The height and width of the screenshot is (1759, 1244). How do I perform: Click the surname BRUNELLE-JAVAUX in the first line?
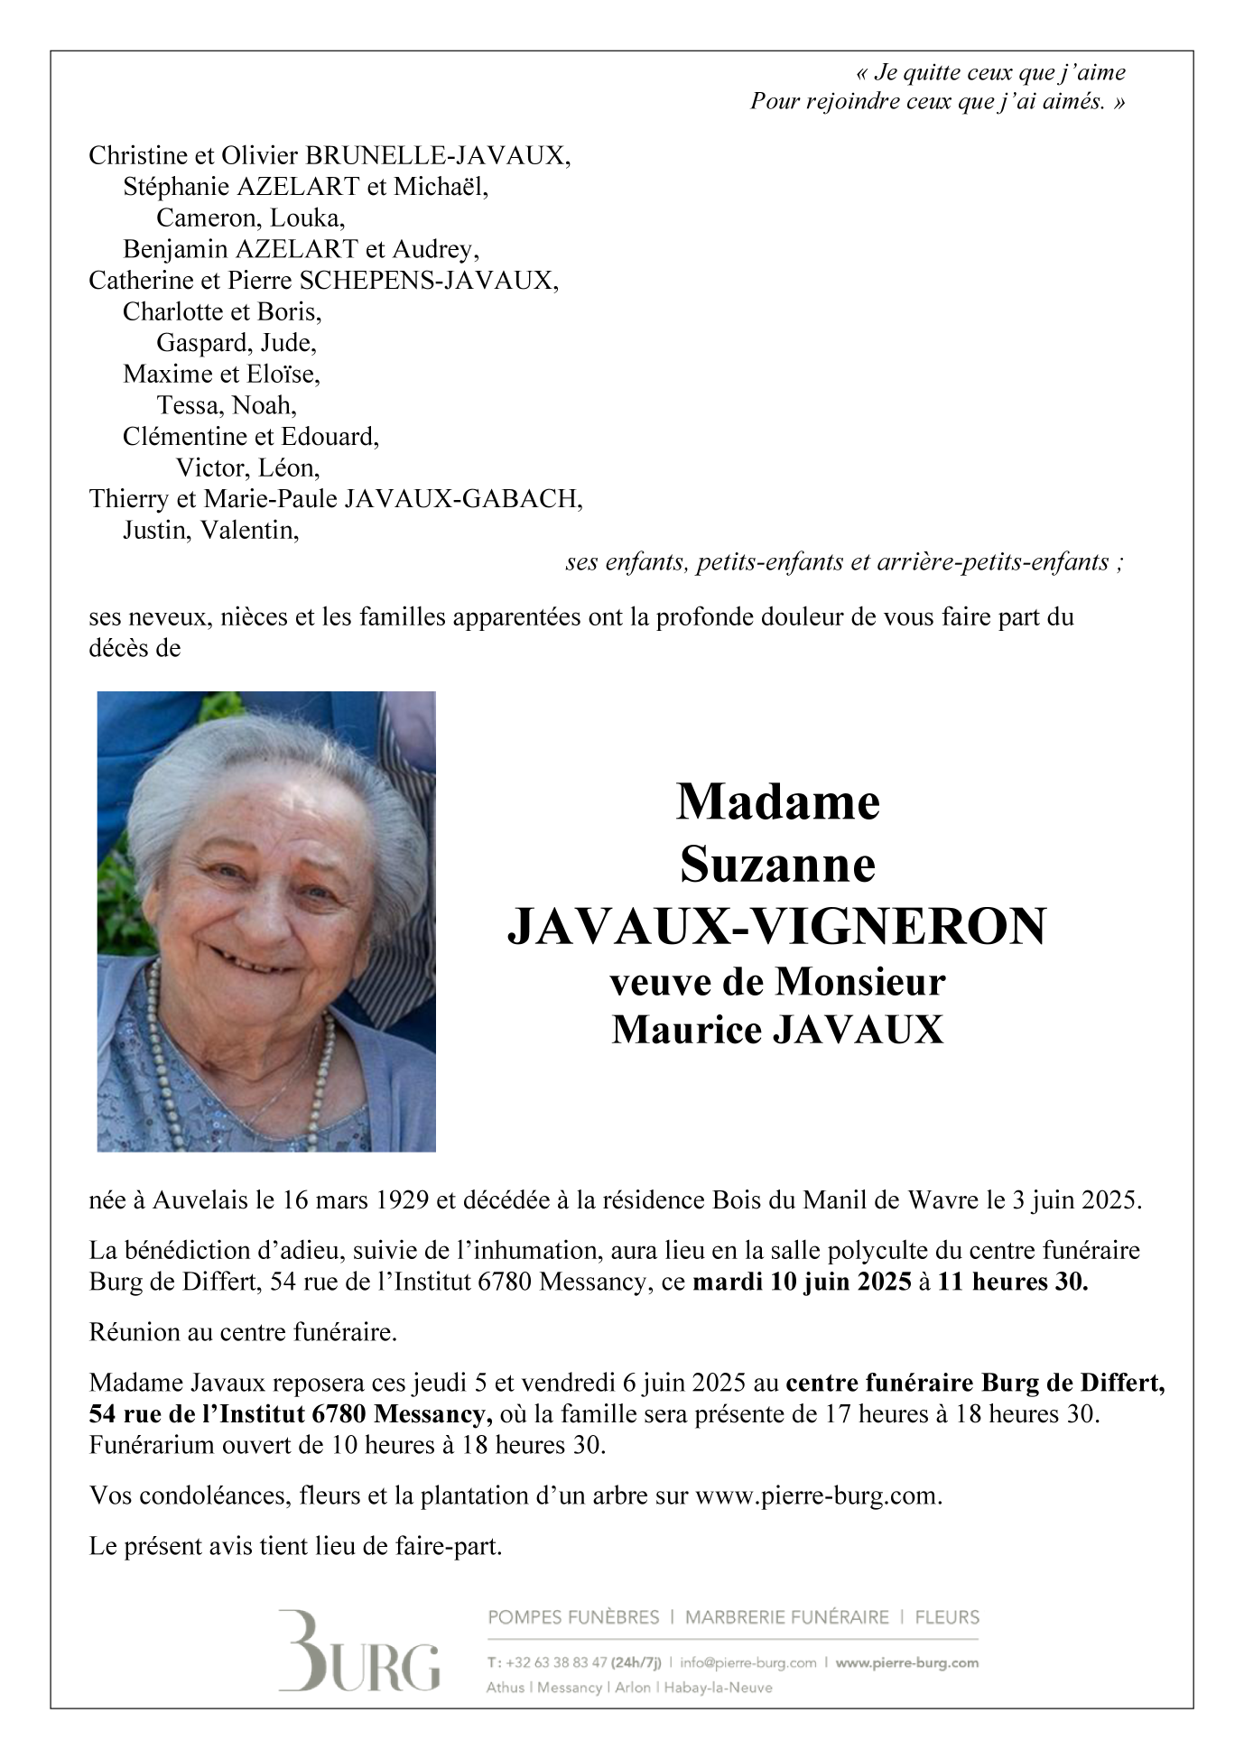coord(438,156)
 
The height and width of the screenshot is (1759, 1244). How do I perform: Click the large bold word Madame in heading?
coord(777,801)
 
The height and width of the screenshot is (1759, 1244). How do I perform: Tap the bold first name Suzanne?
coord(777,865)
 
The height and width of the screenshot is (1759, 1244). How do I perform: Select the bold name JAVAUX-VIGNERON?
coord(777,927)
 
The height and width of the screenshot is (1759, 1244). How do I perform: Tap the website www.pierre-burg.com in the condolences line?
coord(817,1495)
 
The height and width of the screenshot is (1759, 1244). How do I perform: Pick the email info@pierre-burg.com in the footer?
coord(748,1662)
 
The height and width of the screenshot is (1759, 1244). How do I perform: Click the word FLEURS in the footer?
coord(947,1617)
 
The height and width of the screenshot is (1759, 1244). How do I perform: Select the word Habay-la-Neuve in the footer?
coord(719,1688)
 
